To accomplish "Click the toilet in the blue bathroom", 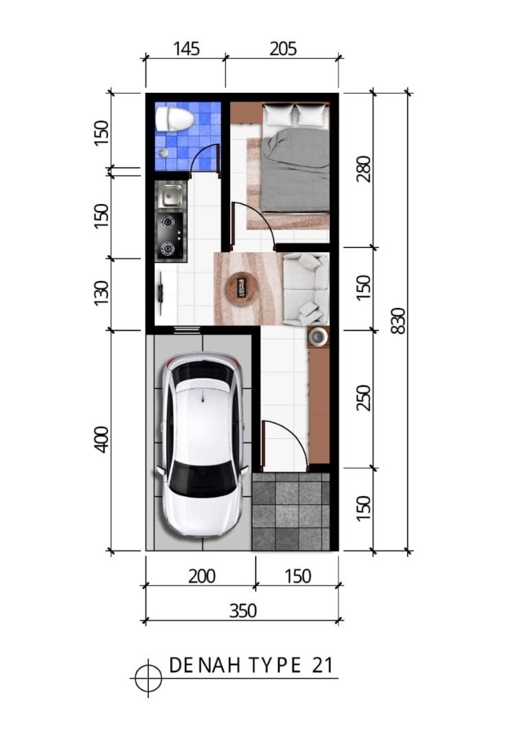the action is coord(174,119).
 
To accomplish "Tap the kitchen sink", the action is coord(170,195).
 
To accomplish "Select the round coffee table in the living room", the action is coord(242,287).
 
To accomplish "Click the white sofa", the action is coord(306,289).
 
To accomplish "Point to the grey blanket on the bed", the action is coord(296,170).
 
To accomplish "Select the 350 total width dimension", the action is coord(242,611).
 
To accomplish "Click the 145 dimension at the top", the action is coord(186,49).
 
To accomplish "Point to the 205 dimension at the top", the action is coord(283,49).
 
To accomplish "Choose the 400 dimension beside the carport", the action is coord(102,440).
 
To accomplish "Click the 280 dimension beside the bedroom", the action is coord(364,169).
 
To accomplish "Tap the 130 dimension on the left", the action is coord(102,293).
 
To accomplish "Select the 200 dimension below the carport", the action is coord(202,576).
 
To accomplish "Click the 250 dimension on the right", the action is coord(364,398).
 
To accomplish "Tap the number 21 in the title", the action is coord(323,665).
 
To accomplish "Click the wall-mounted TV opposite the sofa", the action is coord(161,294).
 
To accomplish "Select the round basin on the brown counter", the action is coord(317,337).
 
